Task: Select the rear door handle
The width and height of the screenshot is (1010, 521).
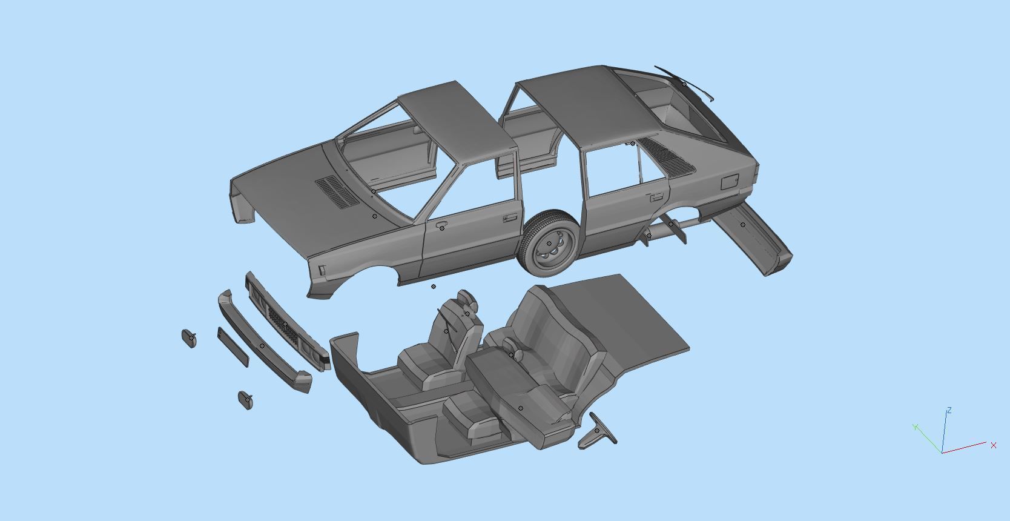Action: [655, 197]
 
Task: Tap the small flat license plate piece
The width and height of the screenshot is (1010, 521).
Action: [233, 348]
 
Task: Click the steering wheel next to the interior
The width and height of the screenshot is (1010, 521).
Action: [597, 431]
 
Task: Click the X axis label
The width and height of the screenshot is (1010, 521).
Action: [993, 445]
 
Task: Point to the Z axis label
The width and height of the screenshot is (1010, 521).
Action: [949, 411]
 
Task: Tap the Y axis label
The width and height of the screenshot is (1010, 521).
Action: [916, 426]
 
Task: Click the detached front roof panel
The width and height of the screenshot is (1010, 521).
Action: [460, 121]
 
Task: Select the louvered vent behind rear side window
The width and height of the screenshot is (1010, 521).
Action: [665, 154]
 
